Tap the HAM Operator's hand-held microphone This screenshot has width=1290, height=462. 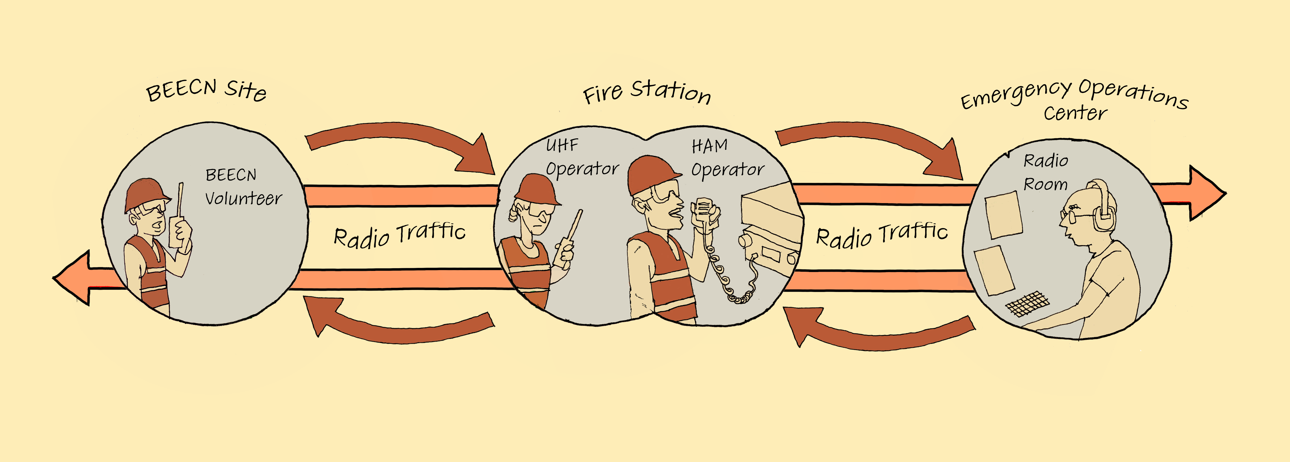click(x=703, y=210)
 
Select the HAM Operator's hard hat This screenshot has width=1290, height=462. click(x=651, y=173)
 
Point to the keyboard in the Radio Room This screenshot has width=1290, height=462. click(x=1027, y=303)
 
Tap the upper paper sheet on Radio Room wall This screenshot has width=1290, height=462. click(x=1003, y=215)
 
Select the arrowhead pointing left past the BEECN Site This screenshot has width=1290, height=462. click(x=73, y=278)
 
